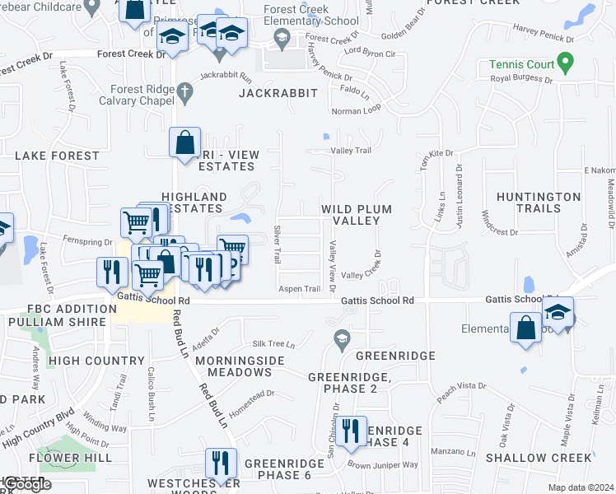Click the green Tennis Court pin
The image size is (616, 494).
(564, 63)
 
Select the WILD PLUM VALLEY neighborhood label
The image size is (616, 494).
(356, 215)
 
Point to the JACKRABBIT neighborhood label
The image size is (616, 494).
(278, 93)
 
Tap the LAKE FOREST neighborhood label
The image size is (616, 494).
(57, 156)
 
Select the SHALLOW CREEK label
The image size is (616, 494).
(539, 457)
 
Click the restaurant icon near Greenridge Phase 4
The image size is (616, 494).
(352, 431)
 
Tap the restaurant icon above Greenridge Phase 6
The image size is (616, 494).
(220, 462)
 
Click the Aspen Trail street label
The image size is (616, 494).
(300, 289)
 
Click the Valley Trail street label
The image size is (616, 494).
(351, 151)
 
